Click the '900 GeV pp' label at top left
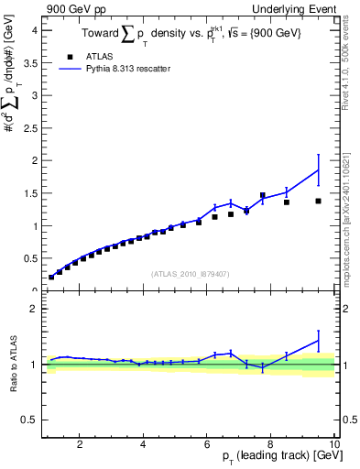(72, 8)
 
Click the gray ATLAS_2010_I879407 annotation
(190, 272)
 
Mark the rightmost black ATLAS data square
(318, 201)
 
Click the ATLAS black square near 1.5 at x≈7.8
(262, 195)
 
